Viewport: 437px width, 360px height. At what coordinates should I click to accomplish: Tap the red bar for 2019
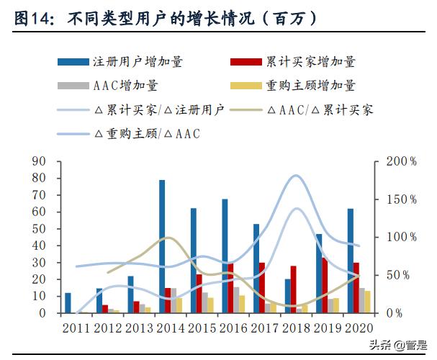tap(324, 285)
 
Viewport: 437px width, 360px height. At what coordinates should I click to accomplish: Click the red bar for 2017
tap(261, 288)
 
